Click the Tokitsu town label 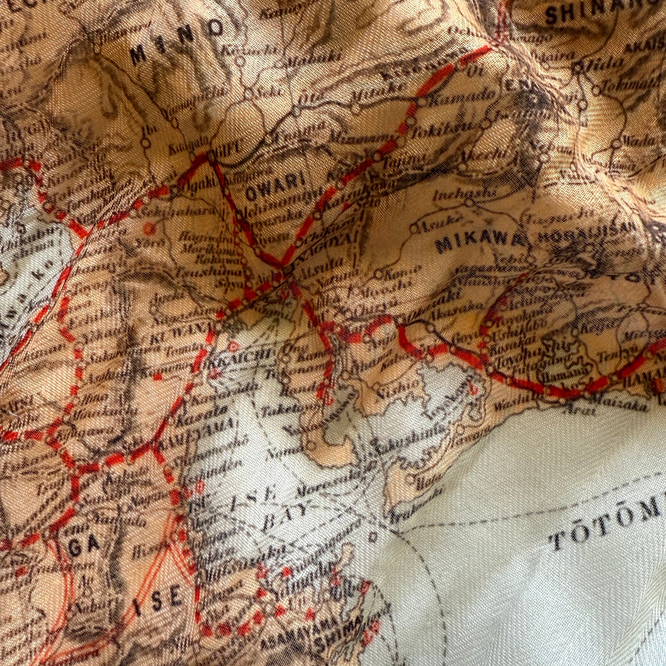point(453,129)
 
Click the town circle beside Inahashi point(470,202)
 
